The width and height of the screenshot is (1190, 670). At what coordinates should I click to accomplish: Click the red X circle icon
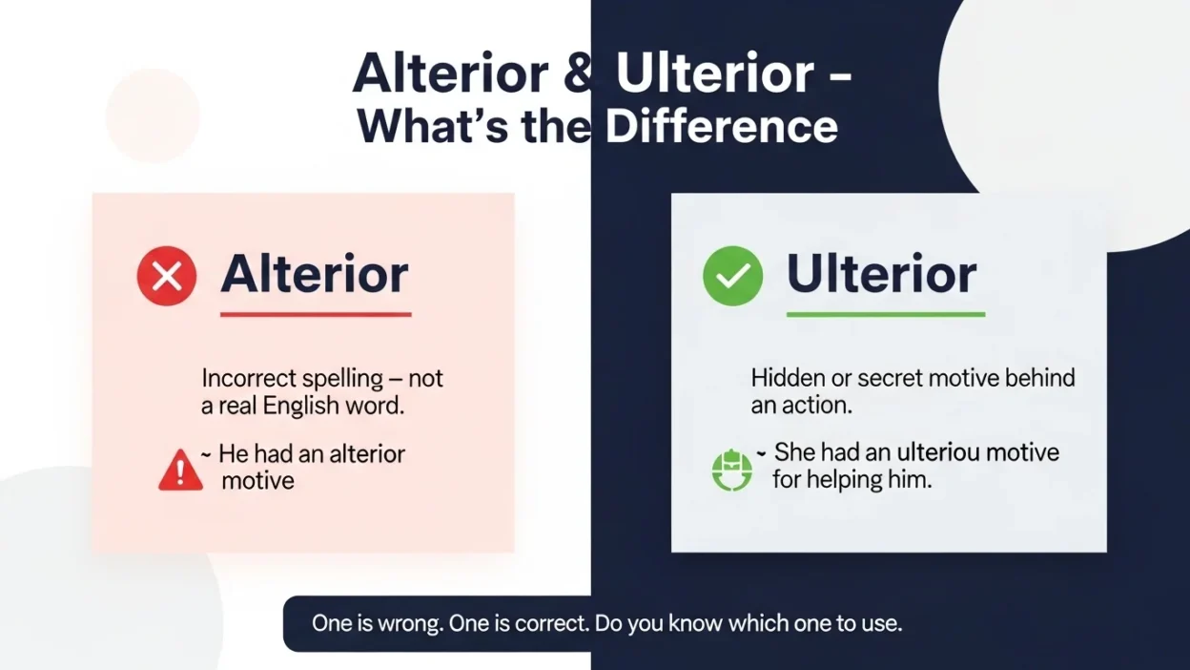(167, 277)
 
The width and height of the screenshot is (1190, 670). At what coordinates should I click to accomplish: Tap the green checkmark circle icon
(732, 277)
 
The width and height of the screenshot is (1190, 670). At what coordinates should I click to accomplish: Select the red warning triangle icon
(180, 471)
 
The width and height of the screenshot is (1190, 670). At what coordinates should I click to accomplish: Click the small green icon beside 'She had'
(732, 471)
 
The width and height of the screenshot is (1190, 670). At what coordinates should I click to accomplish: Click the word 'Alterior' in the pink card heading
(315, 275)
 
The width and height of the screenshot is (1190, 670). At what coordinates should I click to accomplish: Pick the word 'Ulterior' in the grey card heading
(881, 275)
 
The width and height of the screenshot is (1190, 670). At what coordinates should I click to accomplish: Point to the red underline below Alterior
(316, 313)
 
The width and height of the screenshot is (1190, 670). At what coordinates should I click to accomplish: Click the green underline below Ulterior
(885, 313)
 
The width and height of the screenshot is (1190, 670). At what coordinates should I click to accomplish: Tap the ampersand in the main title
(578, 73)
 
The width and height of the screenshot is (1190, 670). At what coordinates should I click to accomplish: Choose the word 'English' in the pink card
(307, 405)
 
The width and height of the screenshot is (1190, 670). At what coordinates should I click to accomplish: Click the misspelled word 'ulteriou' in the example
(940, 451)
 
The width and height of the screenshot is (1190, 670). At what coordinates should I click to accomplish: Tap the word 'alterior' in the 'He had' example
(367, 453)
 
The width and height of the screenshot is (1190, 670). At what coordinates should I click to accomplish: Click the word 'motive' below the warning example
(257, 480)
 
